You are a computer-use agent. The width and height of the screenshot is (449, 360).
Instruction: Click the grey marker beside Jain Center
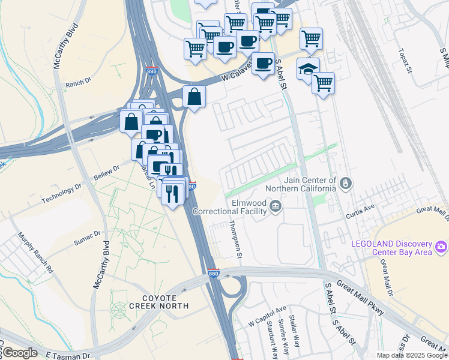[346, 182]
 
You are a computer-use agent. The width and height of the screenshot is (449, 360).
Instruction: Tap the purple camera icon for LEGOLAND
[441, 247]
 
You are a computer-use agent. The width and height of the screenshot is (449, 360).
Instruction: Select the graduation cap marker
[308, 68]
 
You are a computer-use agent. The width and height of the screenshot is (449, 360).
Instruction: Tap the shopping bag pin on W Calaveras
[194, 97]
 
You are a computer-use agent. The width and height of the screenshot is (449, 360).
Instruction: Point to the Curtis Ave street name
[360, 211]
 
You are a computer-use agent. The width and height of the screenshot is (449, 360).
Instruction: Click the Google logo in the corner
[20, 353]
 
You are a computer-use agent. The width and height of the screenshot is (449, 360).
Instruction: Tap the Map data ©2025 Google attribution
[412, 355]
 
